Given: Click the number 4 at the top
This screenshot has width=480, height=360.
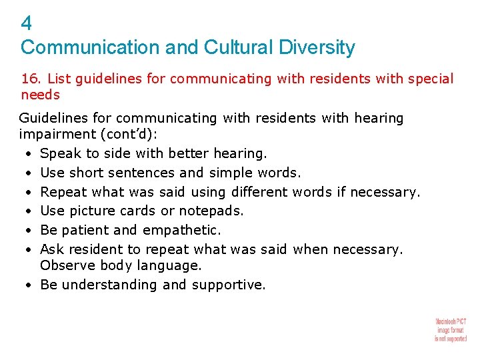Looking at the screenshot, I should (x=26, y=24).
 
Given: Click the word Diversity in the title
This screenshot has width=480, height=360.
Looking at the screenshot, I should (x=317, y=48).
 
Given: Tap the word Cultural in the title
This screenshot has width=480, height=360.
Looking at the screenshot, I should (x=237, y=48).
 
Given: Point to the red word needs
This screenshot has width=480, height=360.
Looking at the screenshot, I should (x=41, y=95).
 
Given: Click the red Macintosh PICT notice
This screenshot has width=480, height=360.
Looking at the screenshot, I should (x=451, y=329).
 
